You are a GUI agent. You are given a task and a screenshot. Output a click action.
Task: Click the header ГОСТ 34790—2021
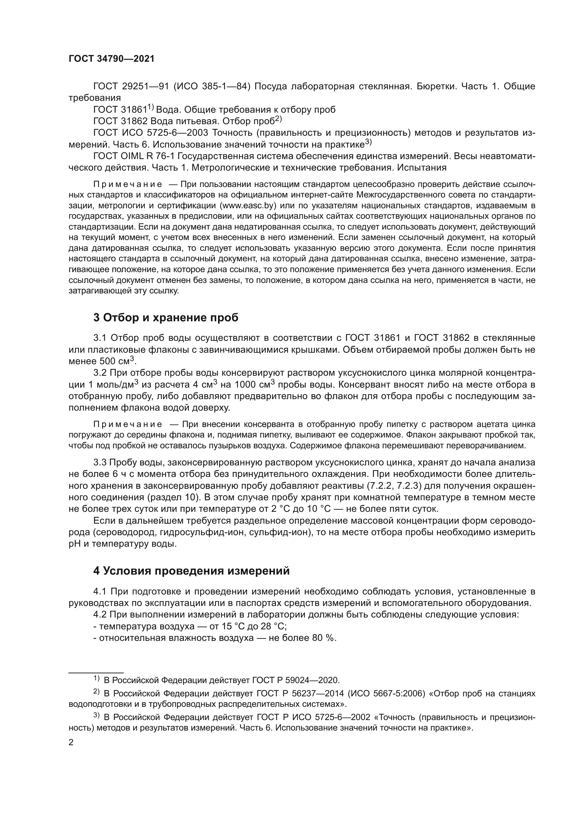coord(112,59)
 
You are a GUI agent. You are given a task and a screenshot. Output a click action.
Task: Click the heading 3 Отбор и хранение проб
coord(166,318)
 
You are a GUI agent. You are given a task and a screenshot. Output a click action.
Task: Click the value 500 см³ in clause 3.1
coord(116,361)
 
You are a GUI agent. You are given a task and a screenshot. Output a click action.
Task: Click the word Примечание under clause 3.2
coord(128,424)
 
